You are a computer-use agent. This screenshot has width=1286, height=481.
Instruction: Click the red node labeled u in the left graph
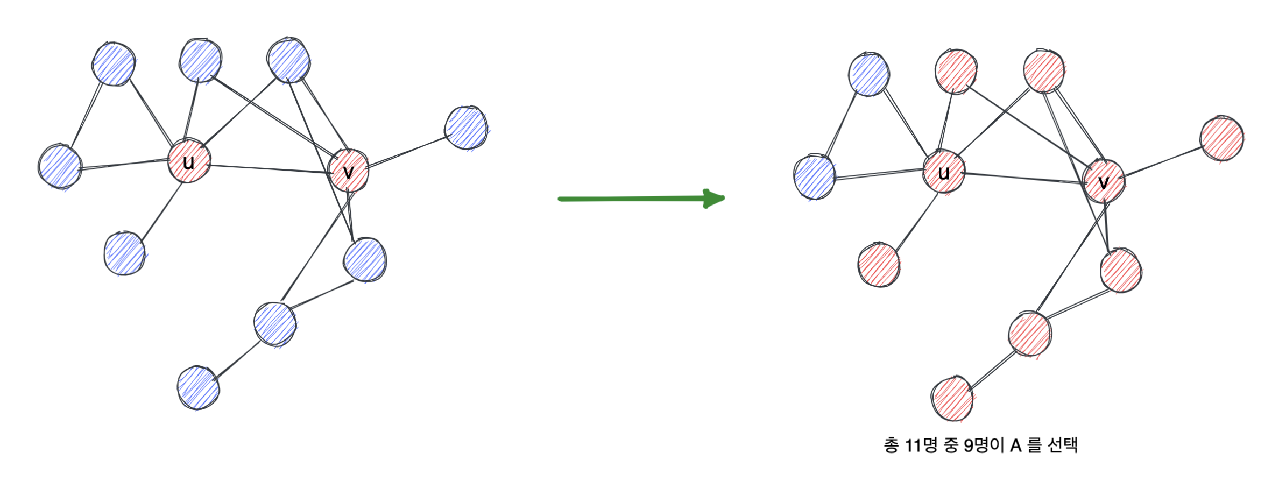coord(188,161)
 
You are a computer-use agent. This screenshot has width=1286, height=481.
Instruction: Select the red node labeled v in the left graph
coord(349,171)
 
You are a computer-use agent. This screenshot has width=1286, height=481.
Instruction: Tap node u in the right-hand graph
coord(944,172)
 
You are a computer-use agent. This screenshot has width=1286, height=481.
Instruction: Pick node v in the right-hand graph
coord(1103,182)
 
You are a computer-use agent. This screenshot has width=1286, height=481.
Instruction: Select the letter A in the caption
coord(1015,445)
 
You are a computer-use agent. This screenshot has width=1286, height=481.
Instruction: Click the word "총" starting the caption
coord(891,445)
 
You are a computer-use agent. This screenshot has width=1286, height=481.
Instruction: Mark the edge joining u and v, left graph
coord(269,169)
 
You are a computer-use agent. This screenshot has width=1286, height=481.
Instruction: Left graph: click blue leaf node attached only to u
coord(125,254)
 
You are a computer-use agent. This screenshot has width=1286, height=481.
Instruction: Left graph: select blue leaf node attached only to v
coord(467,128)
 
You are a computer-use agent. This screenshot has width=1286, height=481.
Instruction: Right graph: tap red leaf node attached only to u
coord(879,265)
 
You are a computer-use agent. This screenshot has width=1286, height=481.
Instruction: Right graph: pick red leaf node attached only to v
coord(1222,138)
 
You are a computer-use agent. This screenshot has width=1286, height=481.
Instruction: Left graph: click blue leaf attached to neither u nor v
coord(199,388)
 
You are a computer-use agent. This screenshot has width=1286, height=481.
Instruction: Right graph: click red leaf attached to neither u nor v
coord(952,399)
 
